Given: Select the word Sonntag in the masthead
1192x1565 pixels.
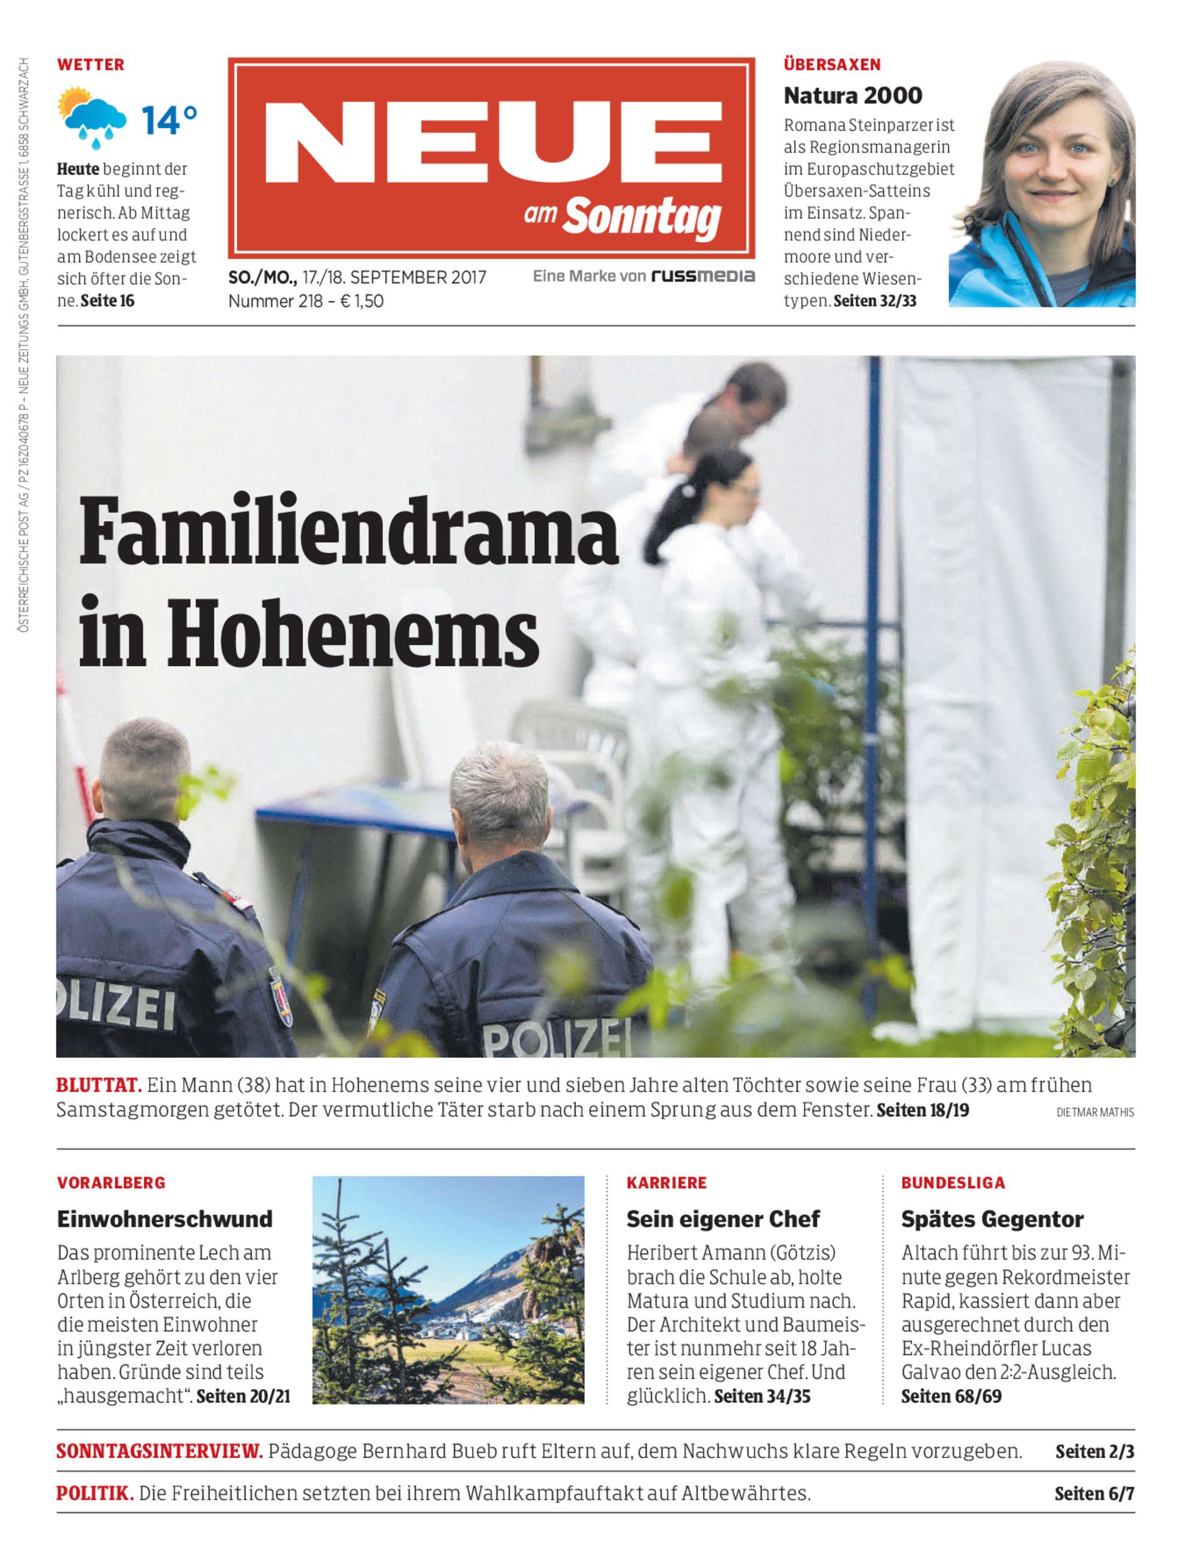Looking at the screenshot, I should coord(642,217).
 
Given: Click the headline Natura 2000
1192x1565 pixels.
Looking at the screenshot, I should coord(853,95).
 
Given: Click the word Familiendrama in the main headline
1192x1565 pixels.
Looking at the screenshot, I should coord(348,533).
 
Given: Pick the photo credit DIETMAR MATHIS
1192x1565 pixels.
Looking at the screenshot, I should coord(1095,1112).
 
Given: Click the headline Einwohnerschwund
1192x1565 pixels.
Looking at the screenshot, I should coord(165,1219).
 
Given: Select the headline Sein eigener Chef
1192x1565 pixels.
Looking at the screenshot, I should coord(722,1219).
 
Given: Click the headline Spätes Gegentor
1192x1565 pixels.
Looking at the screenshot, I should coord(992,1219).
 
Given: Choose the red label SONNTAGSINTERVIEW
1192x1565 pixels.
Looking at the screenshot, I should coord(159,1451).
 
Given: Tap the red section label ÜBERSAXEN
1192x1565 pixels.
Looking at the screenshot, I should coord(831,64).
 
